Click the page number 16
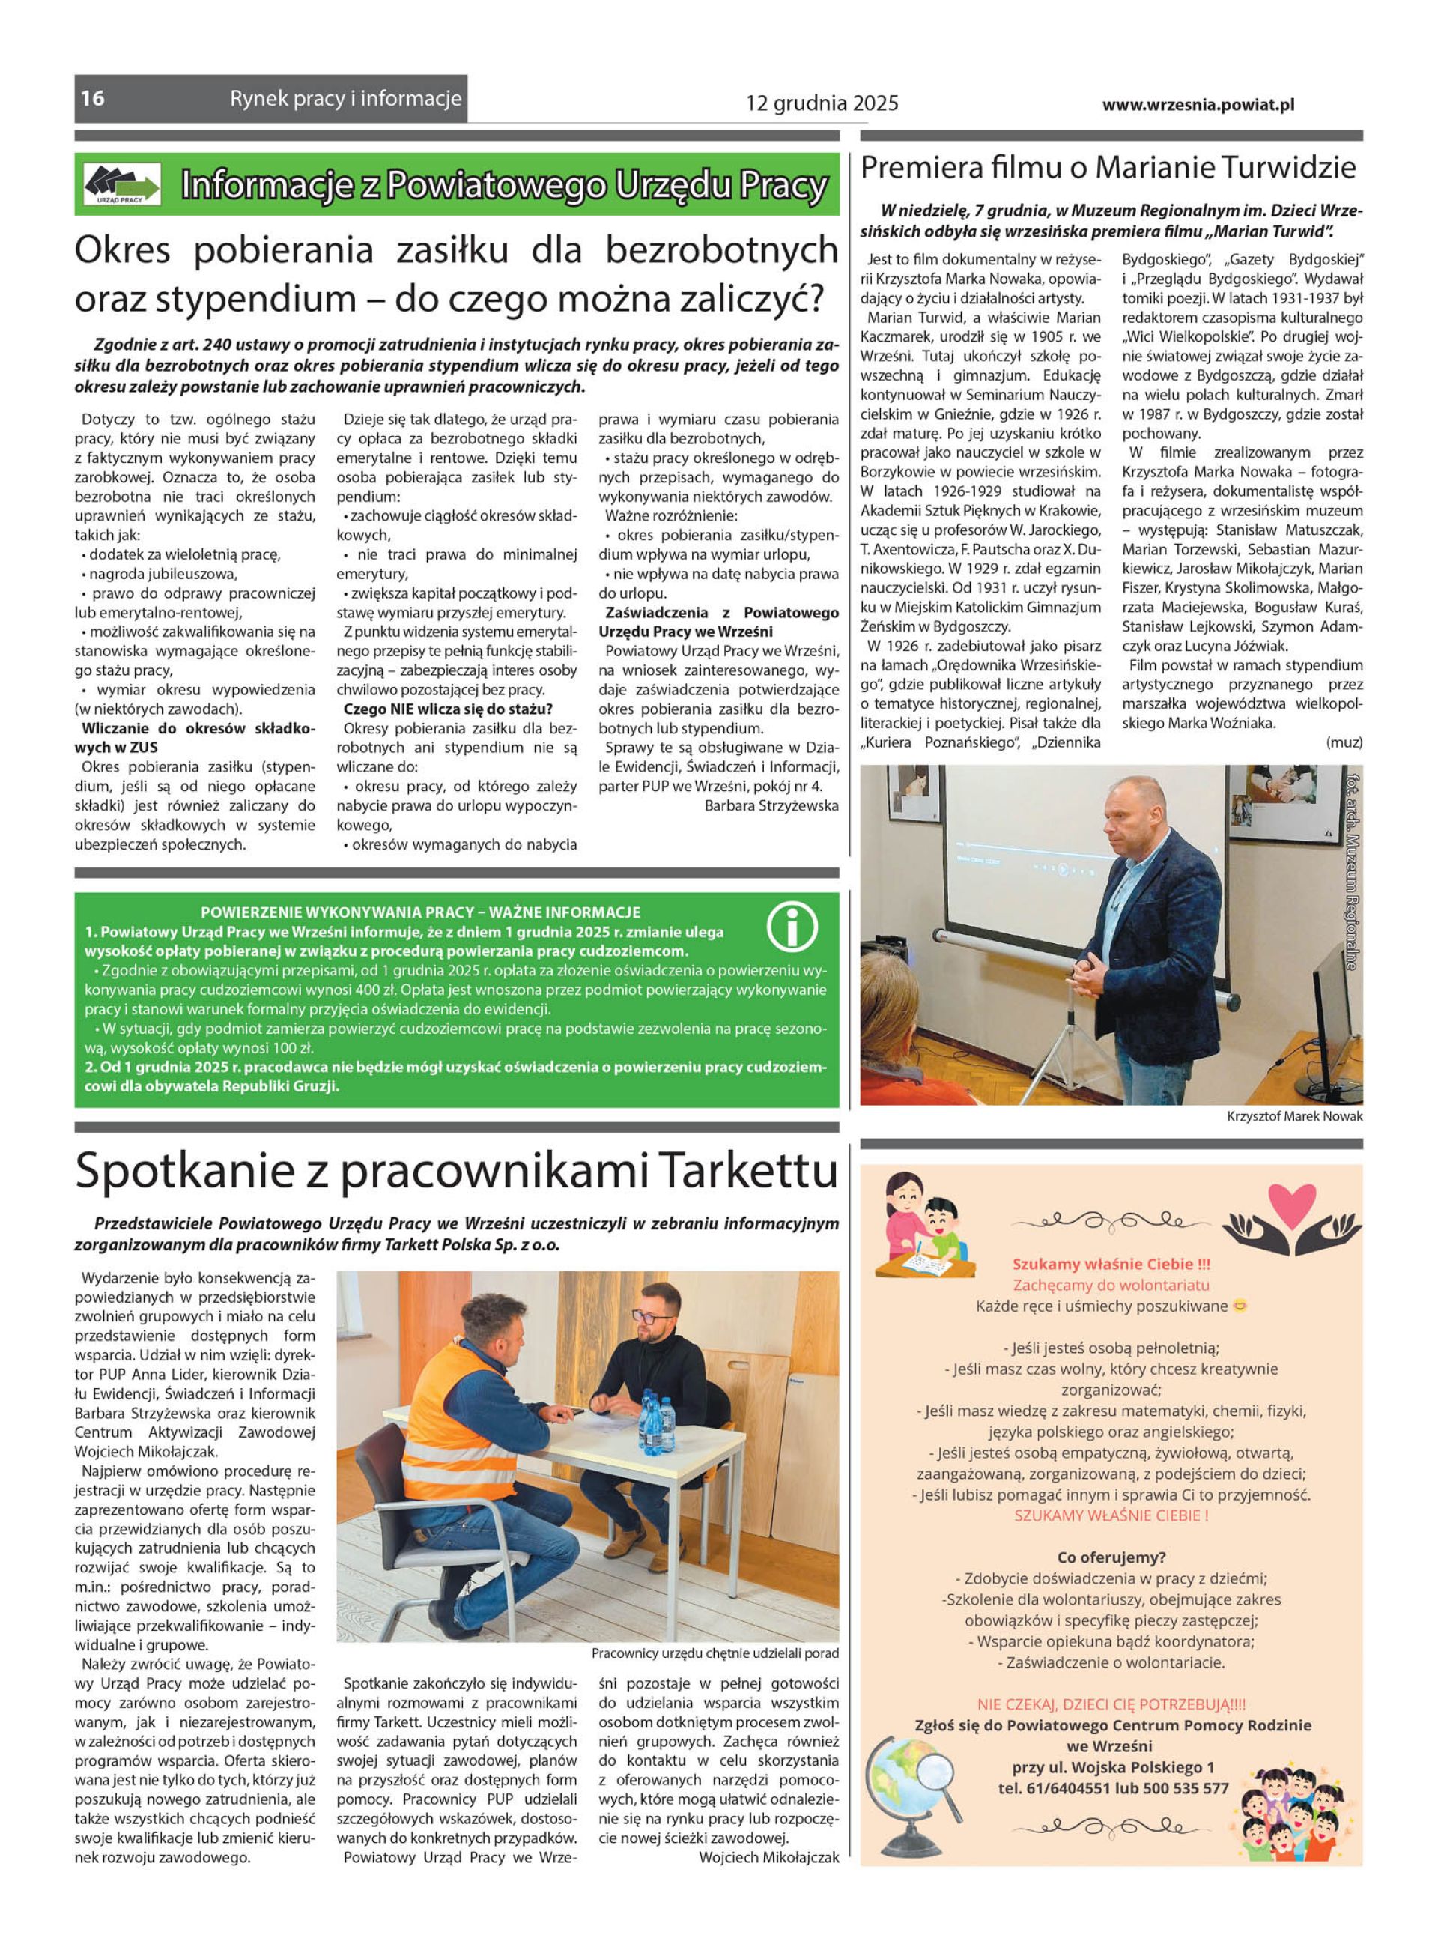pos(93,98)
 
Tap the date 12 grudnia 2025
pos(821,104)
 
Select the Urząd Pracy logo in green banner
pos(122,184)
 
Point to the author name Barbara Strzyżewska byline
pos(771,805)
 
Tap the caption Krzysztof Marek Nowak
pos(1294,1116)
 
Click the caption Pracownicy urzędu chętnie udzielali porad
pos(715,1653)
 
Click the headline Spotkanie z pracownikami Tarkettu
pos(456,1172)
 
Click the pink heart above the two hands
pos(1292,1204)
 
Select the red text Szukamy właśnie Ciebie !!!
pos(1111,1264)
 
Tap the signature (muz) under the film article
pos(1344,742)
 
